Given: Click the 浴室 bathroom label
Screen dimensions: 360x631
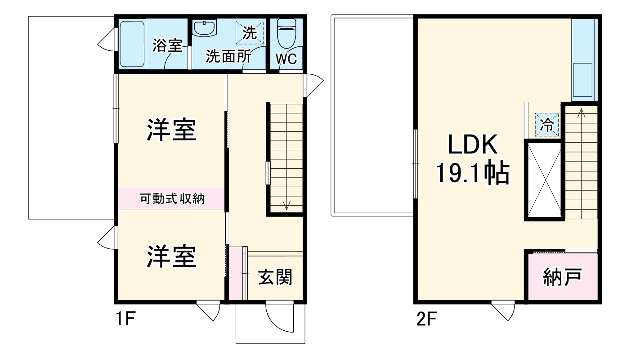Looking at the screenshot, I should (167, 45).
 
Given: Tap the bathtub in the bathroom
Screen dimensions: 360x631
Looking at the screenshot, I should (131, 44).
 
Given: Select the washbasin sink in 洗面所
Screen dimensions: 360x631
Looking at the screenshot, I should (205, 27).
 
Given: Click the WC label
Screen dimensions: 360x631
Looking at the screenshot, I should (286, 59).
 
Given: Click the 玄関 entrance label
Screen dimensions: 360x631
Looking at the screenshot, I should (275, 277).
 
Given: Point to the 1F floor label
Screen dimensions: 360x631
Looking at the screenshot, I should (124, 320).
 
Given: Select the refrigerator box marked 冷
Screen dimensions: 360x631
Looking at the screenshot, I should (547, 124).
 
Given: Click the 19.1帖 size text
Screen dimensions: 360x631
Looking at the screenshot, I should (472, 173).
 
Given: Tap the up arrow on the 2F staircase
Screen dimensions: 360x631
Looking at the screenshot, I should (581, 112).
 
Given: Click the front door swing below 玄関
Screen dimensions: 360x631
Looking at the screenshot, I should (279, 317).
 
